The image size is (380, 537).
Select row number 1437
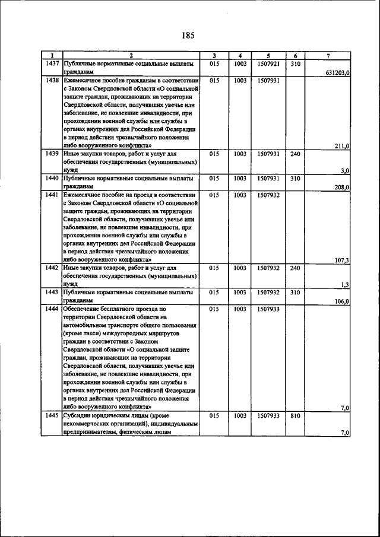pos(51,63)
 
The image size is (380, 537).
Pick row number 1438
pos(51,80)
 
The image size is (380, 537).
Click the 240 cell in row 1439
pos(296,154)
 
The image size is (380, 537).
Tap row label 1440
pos(51,178)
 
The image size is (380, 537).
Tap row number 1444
pos(51,309)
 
